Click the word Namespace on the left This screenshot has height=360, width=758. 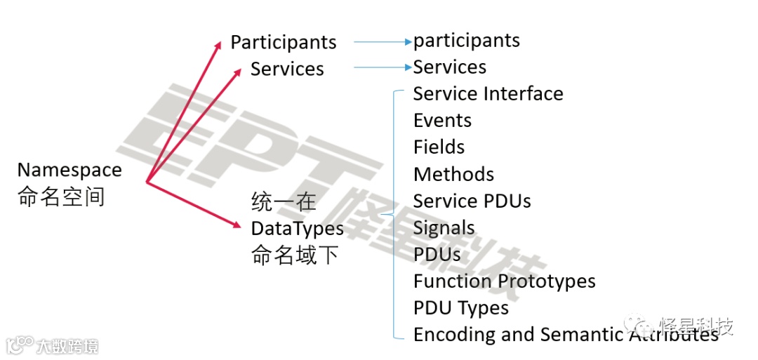[69, 170]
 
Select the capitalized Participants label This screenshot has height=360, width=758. [284, 42]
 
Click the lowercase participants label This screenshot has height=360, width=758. [467, 40]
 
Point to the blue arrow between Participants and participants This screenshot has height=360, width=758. [382, 42]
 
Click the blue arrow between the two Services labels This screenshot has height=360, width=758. [382, 67]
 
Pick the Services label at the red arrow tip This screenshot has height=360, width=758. [287, 69]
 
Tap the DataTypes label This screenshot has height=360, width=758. [298, 229]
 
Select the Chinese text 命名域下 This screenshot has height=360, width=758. [295, 255]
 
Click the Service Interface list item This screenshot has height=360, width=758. [488, 94]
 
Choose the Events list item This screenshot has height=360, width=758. [442, 121]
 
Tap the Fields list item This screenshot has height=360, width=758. [439, 147]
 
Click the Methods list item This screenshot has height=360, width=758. [453, 174]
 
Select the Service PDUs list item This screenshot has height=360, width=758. [472, 201]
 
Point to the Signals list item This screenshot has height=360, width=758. [444, 228]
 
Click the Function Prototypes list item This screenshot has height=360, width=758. [504, 281]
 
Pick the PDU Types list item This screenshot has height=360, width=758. [460, 308]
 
